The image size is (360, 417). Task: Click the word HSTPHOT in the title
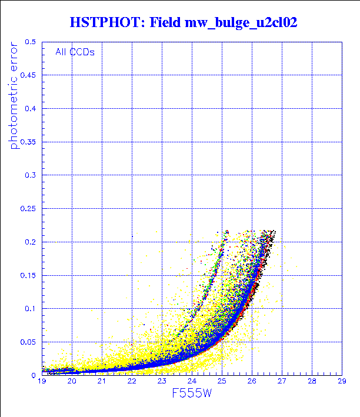click(104, 23)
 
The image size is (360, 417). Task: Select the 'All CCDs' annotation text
click(75, 52)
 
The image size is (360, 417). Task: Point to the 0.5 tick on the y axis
click(31, 42)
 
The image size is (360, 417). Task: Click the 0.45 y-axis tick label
click(28, 75)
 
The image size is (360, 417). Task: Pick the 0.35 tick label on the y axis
click(28, 142)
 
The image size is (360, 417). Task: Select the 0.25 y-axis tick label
click(28, 209)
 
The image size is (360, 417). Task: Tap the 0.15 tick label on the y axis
click(28, 275)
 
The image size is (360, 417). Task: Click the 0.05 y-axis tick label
click(28, 342)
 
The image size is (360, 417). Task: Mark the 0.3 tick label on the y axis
click(31, 175)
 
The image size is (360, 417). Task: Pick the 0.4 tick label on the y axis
click(31, 109)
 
